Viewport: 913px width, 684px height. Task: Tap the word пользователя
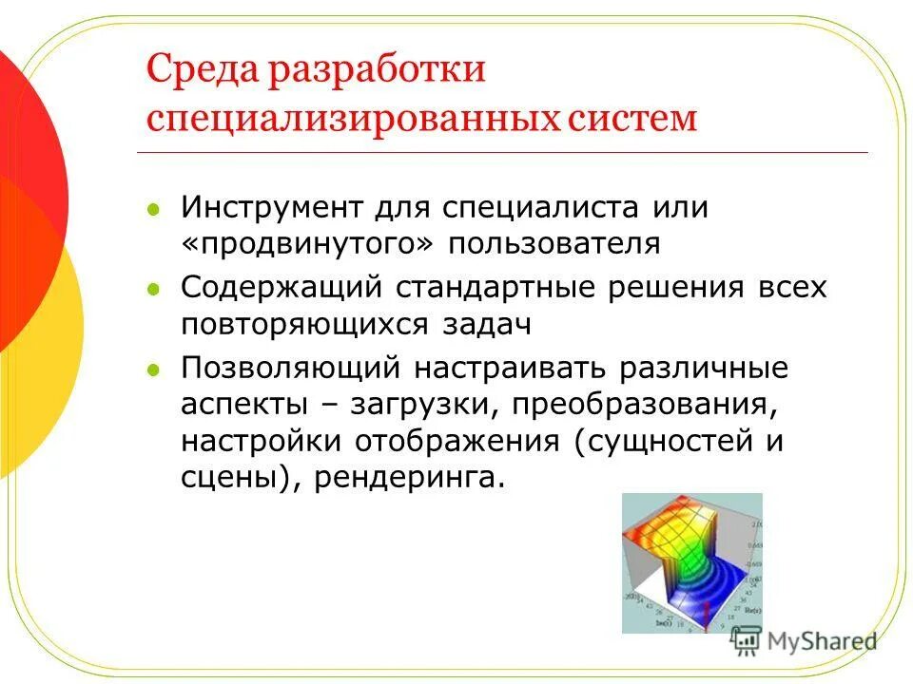[554, 242]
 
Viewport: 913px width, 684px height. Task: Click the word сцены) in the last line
[233, 478]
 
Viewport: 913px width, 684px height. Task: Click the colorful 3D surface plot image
[691, 562]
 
